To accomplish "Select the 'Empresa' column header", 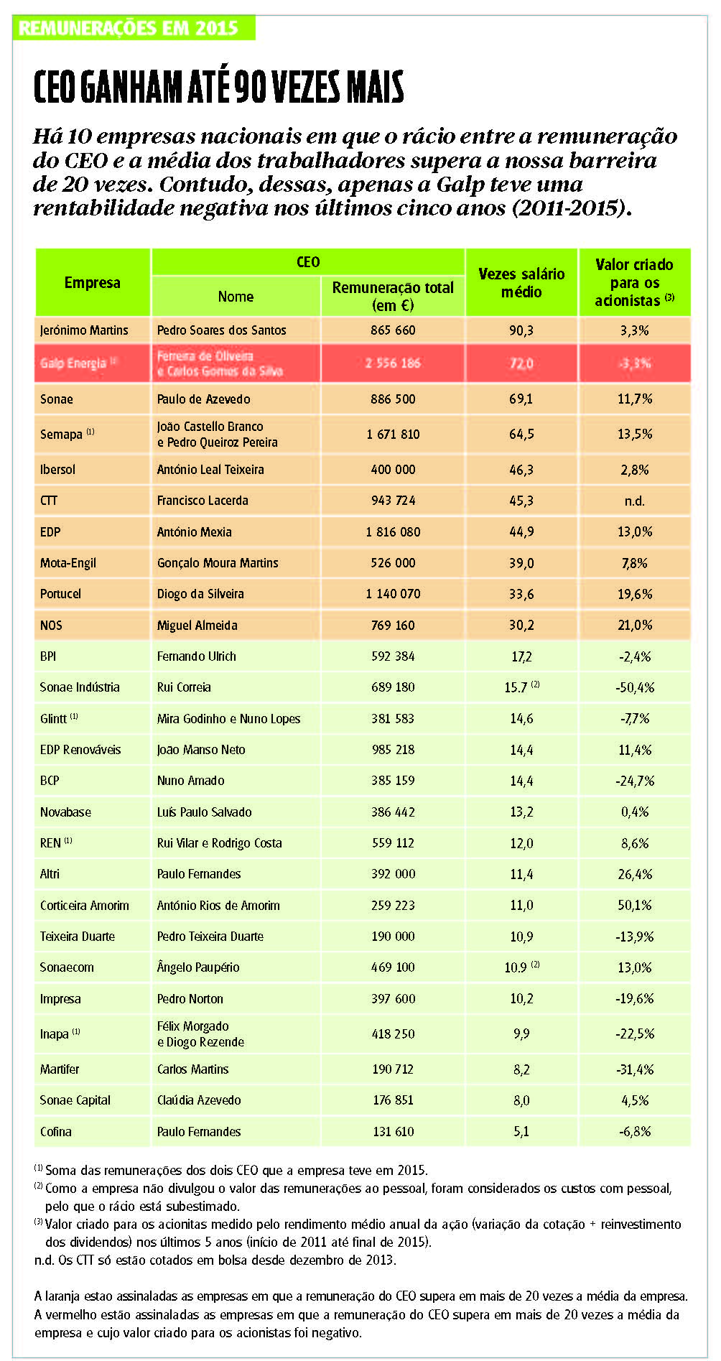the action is pyautogui.click(x=93, y=282).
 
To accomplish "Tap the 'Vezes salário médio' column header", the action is pyautogui.click(x=521, y=283).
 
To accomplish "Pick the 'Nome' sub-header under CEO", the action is pyautogui.click(x=236, y=296).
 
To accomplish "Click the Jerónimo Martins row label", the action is pyautogui.click(x=84, y=330).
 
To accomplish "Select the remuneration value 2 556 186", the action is pyautogui.click(x=393, y=363).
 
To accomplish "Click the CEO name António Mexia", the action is pyautogui.click(x=195, y=532).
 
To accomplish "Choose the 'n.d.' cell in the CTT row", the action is pyautogui.click(x=635, y=501).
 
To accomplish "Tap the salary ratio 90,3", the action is pyautogui.click(x=521, y=330).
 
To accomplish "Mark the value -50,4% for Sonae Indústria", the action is pyautogui.click(x=635, y=687).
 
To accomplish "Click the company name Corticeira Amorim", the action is pyautogui.click(x=85, y=906).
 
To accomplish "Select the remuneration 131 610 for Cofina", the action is pyautogui.click(x=393, y=1132).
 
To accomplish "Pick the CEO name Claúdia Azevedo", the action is pyautogui.click(x=199, y=1100).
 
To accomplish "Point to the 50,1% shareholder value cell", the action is pyautogui.click(x=635, y=906).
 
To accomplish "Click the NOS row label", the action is pyautogui.click(x=51, y=626).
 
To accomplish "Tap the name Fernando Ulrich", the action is pyautogui.click(x=197, y=656).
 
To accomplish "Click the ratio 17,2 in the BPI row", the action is pyautogui.click(x=521, y=656).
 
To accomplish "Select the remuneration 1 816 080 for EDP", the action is pyautogui.click(x=393, y=532).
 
